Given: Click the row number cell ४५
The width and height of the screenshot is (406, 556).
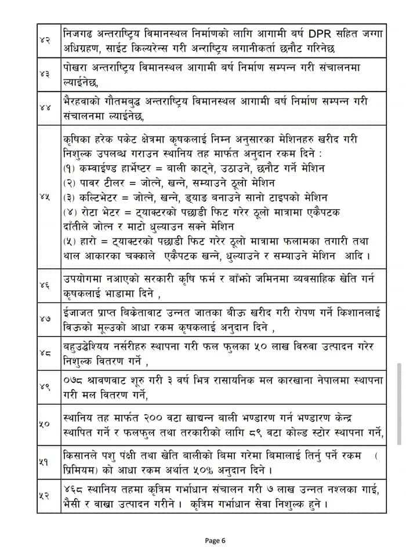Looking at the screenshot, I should [45, 197].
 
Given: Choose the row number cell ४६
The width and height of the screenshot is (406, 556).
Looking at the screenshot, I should [45, 286].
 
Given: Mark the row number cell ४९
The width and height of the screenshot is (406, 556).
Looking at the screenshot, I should [45, 389].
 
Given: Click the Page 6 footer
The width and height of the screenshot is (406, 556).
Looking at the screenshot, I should [215, 540].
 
